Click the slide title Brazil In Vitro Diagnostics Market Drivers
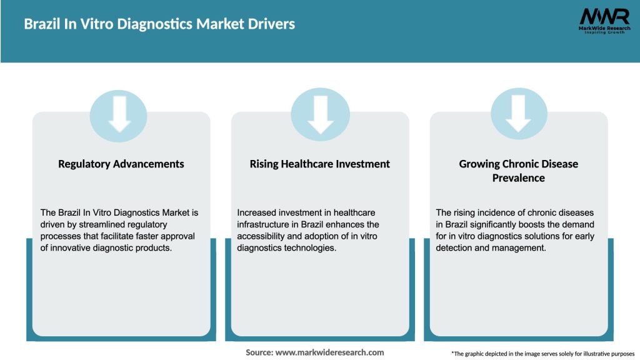pos(159,24)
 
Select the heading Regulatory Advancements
pos(121,164)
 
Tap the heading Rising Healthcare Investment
pos(320,164)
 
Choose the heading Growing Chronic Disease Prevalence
pos(519,171)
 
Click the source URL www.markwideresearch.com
pos(329,352)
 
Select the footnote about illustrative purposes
pos(542,354)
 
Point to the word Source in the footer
pos(259,352)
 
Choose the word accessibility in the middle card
pos(266,236)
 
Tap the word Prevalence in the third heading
pos(519,178)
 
